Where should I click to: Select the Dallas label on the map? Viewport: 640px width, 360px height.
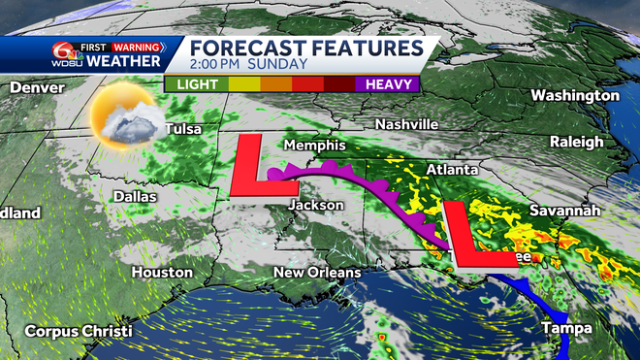click(x=134, y=196)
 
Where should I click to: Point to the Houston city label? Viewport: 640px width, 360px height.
click(x=160, y=273)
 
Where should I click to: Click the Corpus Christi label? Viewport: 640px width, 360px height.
click(x=79, y=331)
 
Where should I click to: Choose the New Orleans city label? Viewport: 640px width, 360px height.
click(x=316, y=273)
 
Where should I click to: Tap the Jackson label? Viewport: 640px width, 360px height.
click(x=317, y=206)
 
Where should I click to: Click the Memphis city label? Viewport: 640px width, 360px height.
click(x=313, y=145)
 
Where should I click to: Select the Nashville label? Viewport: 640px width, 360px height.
click(x=407, y=125)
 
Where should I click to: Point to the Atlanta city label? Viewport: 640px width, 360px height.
click(x=452, y=170)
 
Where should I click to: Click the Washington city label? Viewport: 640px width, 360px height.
click(x=575, y=96)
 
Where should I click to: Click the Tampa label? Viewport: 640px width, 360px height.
click(x=566, y=328)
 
